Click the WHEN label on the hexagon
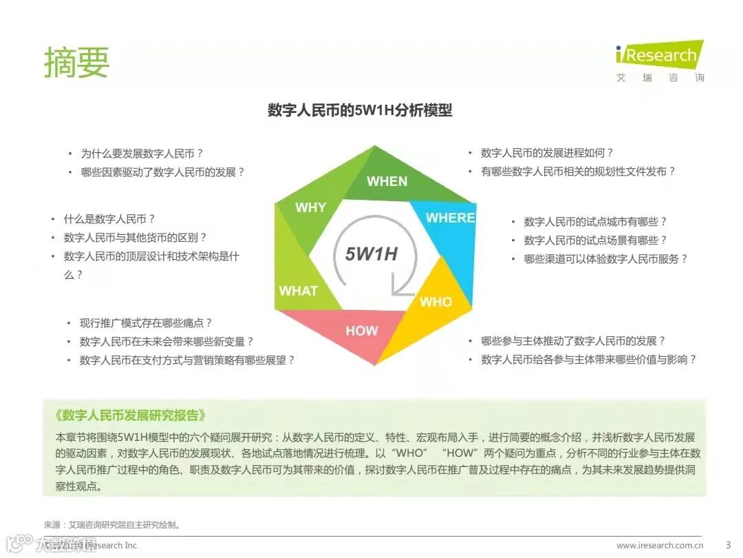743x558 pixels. coord(387,181)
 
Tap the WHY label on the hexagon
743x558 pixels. coord(310,207)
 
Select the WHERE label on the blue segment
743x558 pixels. coord(450,218)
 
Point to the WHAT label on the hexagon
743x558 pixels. coord(298,291)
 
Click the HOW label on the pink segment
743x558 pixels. coord(361,331)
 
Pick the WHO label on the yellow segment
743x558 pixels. coord(435,302)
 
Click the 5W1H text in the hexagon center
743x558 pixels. coord(371,254)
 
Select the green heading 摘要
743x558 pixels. coord(76,63)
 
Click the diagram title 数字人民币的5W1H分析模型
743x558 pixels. coord(360,110)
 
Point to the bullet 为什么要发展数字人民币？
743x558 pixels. coord(142,154)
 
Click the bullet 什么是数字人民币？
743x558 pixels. coord(109,219)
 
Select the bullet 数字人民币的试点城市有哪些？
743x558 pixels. coord(595,222)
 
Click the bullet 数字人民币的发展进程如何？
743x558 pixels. coord(547,153)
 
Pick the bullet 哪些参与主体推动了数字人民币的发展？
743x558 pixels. coord(573,341)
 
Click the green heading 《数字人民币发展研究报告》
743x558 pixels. coord(129,415)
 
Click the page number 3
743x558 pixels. coord(728,546)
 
